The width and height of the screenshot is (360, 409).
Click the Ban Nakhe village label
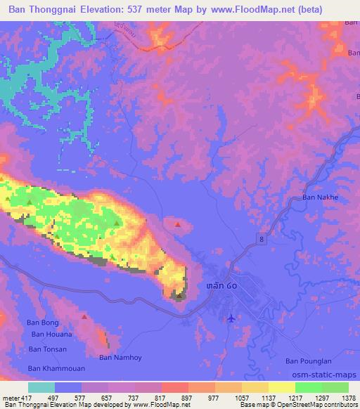coord(320,197)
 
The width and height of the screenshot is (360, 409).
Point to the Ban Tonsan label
coord(48,349)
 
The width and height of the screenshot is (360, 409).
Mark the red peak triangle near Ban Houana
coord(85,317)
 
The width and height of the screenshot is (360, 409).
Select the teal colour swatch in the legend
coord(41,387)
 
